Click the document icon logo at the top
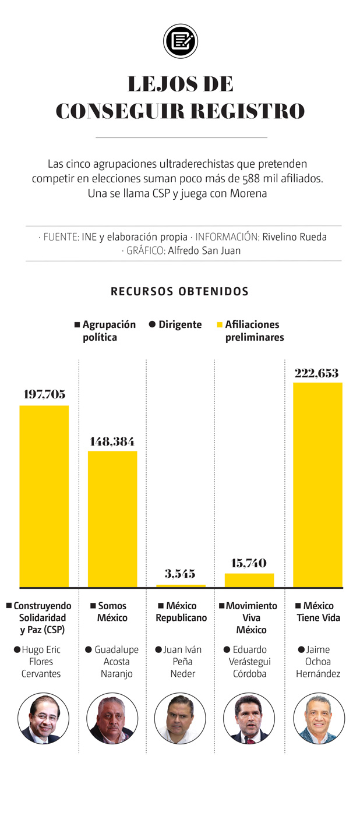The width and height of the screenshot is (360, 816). [180, 41]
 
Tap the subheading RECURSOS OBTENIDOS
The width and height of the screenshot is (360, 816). [179, 291]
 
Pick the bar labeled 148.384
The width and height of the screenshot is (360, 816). [112, 518]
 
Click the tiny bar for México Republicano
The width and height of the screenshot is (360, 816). [181, 585]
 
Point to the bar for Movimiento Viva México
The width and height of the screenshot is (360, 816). [249, 580]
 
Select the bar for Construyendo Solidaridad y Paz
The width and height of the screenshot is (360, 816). [44, 496]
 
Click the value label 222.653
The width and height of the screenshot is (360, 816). [316, 373]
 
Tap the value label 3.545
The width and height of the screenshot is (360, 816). [180, 574]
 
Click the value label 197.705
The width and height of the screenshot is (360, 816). [44, 394]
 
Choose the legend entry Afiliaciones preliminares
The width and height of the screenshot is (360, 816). [253, 331]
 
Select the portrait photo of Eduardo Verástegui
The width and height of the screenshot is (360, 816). [249, 718]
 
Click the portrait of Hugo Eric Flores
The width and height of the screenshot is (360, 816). [43, 718]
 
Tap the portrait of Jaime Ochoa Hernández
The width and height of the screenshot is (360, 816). [318, 718]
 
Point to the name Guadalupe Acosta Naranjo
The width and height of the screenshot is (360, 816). [116, 662]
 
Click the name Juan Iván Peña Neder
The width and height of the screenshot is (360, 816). [181, 662]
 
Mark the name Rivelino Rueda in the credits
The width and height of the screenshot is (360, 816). [294, 237]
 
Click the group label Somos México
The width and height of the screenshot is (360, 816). [112, 612]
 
